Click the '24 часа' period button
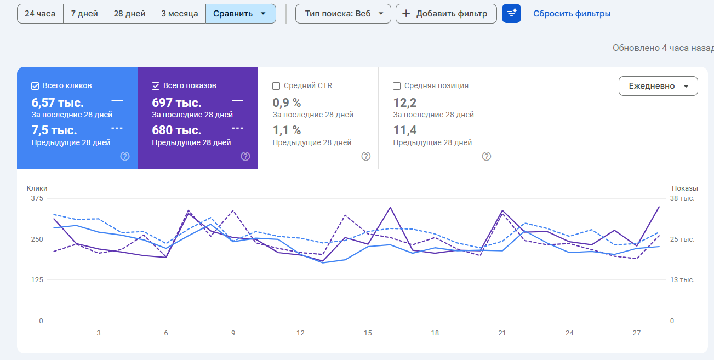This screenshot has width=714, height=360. click(x=40, y=14)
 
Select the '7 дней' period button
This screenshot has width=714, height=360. click(x=85, y=14)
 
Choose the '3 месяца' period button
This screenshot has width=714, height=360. click(x=180, y=14)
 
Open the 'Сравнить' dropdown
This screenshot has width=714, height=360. click(x=241, y=14)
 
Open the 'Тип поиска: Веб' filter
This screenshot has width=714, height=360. click(x=343, y=14)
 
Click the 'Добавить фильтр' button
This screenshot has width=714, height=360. click(x=446, y=14)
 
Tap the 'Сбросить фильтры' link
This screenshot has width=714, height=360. click(x=572, y=14)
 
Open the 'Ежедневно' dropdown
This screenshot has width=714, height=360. click(x=658, y=86)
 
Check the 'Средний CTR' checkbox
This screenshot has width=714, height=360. click(x=276, y=86)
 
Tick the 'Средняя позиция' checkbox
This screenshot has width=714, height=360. click(x=397, y=86)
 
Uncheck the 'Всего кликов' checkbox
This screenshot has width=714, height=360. click(x=35, y=86)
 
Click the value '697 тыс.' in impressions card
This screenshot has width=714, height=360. click(x=176, y=102)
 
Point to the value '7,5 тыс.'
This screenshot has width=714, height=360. click(x=54, y=130)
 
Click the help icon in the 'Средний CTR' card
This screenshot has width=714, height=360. click(x=366, y=156)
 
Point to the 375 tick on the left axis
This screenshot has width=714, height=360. click(x=37, y=198)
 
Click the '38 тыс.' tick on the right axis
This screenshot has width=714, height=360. click(x=682, y=198)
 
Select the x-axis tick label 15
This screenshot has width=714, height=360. click(x=368, y=333)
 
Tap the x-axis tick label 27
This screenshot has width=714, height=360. click(x=637, y=333)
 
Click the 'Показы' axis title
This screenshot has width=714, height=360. click(x=685, y=188)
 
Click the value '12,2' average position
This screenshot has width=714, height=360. click(x=405, y=102)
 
